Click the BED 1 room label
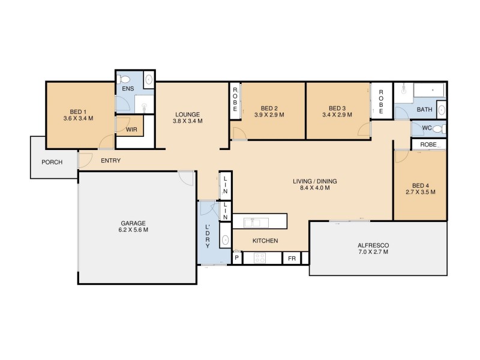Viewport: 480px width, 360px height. coord(78,112)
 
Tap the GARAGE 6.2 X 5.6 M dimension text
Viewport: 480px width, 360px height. coord(133,230)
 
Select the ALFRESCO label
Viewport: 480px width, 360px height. coord(374,245)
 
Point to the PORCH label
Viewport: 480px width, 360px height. coord(52,163)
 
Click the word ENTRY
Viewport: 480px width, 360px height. coord(111,160)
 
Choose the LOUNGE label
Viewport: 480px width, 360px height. coord(187,114)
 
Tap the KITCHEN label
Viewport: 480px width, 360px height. coord(265,241)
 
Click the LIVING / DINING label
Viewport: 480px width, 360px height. coord(314,181)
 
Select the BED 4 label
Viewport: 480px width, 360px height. coord(420,185)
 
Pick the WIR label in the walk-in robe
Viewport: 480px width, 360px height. coord(131,130)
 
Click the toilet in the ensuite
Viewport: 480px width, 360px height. coord(125,79)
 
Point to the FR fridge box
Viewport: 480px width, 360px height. coord(292,259)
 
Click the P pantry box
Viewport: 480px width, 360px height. coord(237,259)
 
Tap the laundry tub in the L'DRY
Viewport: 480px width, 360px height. coord(225,239)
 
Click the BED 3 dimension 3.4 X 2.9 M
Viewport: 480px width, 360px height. coord(338,115)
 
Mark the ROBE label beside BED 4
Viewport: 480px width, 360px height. coord(428,145)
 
